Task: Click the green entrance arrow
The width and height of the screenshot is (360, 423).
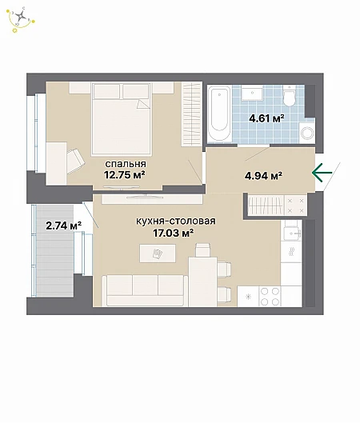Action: pyautogui.click(x=322, y=173)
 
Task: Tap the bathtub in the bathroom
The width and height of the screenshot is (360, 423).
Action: pyautogui.click(x=219, y=113)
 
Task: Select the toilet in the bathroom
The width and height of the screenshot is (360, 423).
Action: pyautogui.click(x=290, y=96)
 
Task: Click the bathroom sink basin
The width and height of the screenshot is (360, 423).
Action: pyautogui.click(x=252, y=94)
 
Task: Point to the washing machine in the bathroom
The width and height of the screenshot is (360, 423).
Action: pyautogui.click(x=307, y=133)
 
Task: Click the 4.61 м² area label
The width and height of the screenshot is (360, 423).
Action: pyautogui.click(x=266, y=118)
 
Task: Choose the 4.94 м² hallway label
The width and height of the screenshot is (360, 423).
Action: pyautogui.click(x=263, y=176)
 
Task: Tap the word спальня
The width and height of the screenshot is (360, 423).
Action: pyautogui.click(x=126, y=164)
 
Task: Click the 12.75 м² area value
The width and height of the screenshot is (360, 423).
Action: pyautogui.click(x=125, y=175)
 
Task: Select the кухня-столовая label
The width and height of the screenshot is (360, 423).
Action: pyautogui.click(x=176, y=221)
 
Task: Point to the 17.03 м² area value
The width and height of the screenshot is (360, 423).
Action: pyautogui.click(x=174, y=233)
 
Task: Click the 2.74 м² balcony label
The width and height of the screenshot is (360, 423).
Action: pyautogui.click(x=64, y=225)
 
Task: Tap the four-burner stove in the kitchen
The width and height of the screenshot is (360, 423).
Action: pyautogui.click(x=270, y=296)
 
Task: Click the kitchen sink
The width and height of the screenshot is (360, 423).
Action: pyautogui.click(x=291, y=233)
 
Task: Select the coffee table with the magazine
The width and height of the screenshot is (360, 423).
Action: pyautogui.click(x=158, y=253)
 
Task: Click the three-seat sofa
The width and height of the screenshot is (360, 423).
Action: pyautogui.click(x=145, y=290)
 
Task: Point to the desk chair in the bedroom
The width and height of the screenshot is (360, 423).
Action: pyautogui.click(x=76, y=161)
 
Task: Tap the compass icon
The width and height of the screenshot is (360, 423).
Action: pyautogui.click(x=21, y=19)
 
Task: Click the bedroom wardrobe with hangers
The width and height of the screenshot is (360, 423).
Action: pyautogui.click(x=192, y=114)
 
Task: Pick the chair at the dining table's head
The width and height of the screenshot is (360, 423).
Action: pyautogui.click(x=202, y=249)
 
